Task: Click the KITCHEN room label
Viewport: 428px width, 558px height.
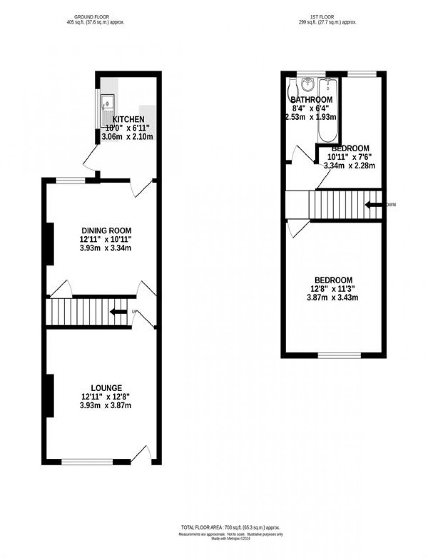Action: tap(128, 119)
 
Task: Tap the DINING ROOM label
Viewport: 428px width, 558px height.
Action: tap(107, 231)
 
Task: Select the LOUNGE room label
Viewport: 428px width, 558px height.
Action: tap(107, 388)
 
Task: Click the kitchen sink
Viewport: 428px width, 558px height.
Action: tap(107, 104)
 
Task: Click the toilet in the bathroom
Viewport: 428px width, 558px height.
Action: tap(293, 87)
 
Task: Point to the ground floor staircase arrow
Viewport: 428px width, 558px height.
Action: tap(118, 312)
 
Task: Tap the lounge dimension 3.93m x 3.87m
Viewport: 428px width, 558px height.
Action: tap(107, 406)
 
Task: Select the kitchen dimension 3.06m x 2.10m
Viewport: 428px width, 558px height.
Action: tap(128, 137)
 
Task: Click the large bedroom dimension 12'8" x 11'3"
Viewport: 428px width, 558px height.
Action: tap(334, 289)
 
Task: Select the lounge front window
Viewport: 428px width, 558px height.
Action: tap(87, 461)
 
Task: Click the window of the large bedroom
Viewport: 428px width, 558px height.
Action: tap(339, 355)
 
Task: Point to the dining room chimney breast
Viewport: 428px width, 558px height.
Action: tap(50, 244)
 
